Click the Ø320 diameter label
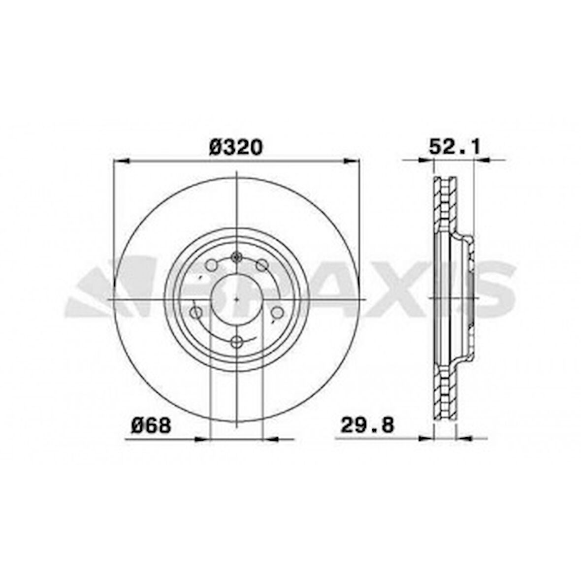tap(236, 147)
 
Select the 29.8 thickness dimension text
tap(368, 425)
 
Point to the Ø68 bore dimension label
tap(151, 425)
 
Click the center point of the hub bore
tap(237, 299)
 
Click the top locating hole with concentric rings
tap(237, 257)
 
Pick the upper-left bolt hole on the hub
tap(211, 265)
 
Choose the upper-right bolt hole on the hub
tap(262, 265)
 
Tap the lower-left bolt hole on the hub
tap(196, 313)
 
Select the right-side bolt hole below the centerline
tap(278, 313)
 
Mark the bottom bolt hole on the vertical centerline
tap(237, 341)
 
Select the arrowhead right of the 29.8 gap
tap(464, 437)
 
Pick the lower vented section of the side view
tap(445, 394)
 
